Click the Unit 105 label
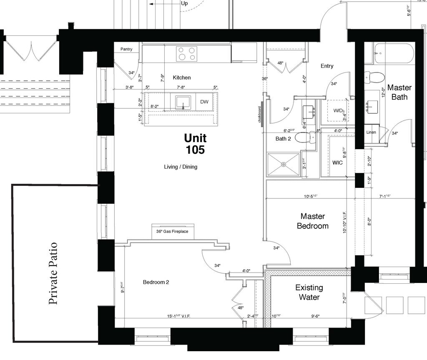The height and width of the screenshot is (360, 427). [x=195, y=144]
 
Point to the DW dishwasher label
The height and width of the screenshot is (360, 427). [x=204, y=102]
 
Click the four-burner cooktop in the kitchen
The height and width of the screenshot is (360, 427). [x=186, y=54]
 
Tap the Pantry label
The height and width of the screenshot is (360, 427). [x=126, y=49]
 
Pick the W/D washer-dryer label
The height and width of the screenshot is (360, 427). [x=338, y=110]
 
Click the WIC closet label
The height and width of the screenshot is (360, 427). [x=337, y=162]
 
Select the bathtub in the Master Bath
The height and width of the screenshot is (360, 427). [x=394, y=53]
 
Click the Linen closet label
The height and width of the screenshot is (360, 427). [x=371, y=132]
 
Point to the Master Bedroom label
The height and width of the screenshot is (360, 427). [x=312, y=221]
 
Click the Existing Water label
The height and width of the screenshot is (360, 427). [x=309, y=292]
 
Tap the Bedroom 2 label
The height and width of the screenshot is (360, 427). [x=156, y=282]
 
